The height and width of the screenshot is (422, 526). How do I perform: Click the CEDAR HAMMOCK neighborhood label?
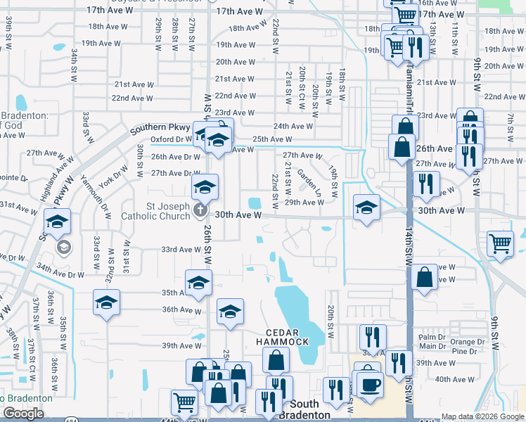pos(287,337)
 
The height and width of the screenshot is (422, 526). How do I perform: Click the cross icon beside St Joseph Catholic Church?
pos(201,210)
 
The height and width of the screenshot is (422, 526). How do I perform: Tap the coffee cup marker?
pos(370,385)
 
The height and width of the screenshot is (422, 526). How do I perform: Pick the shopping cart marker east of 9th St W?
pos(500,244)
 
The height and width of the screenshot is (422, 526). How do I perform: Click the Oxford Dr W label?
pos(172,139)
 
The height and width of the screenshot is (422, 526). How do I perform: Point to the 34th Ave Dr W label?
pos(60,270)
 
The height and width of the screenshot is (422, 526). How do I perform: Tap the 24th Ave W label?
pos(293,127)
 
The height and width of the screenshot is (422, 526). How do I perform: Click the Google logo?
pos(23,414)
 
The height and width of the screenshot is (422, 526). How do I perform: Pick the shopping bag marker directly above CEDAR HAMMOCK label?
pos(276,360)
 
